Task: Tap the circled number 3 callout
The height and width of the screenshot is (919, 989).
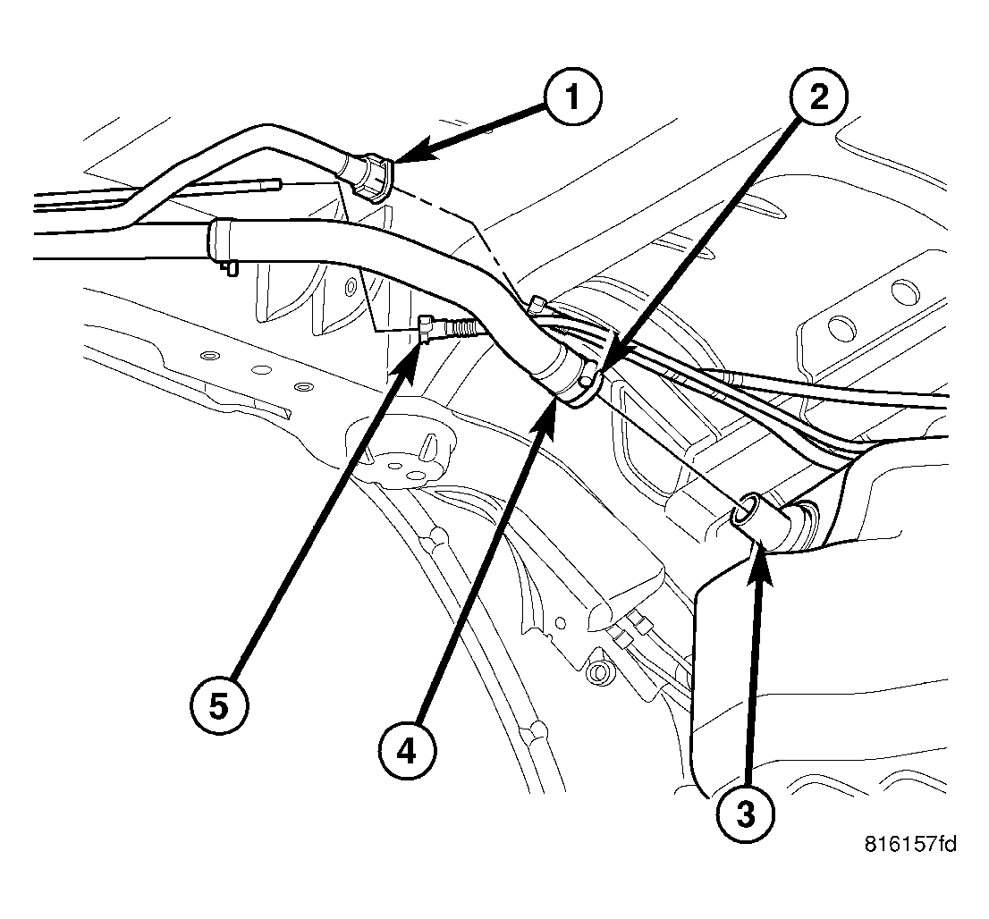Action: pos(746,811)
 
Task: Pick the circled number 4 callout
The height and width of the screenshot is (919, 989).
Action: pos(407,753)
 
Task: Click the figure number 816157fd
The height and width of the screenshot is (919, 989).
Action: pos(910,843)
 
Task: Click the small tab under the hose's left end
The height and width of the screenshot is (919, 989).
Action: pos(230,266)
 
